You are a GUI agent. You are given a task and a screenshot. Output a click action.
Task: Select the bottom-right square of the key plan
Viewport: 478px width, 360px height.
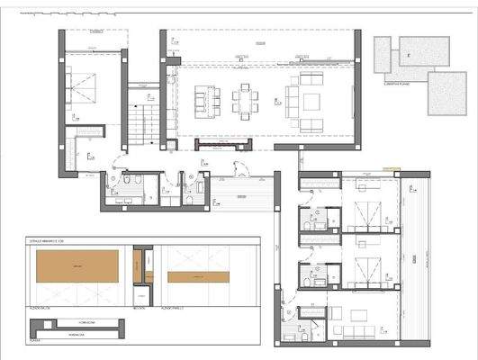(x=446, y=93)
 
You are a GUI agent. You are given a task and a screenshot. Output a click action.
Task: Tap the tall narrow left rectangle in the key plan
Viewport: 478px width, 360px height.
(x=383, y=56)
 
